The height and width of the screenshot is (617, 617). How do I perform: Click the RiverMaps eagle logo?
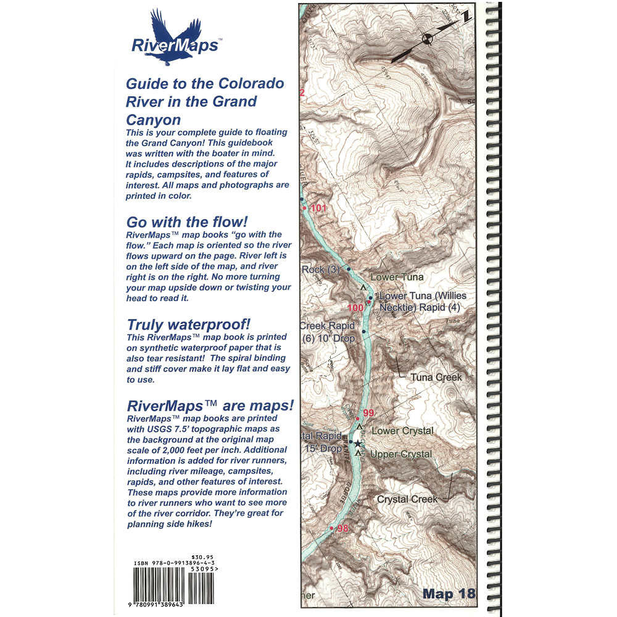(174, 37)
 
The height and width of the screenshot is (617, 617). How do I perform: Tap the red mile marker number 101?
(318, 209)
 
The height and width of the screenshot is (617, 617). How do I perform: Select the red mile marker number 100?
(355, 308)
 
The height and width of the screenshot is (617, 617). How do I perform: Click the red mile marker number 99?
(368, 413)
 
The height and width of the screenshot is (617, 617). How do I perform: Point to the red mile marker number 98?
(343, 528)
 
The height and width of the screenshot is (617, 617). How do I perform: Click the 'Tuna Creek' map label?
(436, 377)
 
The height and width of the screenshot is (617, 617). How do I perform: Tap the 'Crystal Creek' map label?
(407, 499)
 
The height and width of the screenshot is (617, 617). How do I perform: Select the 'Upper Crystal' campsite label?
(401, 455)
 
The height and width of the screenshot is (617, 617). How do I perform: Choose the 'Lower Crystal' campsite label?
(402, 431)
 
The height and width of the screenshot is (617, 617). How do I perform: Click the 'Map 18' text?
(449, 594)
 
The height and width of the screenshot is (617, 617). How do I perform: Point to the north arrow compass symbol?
(426, 41)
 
